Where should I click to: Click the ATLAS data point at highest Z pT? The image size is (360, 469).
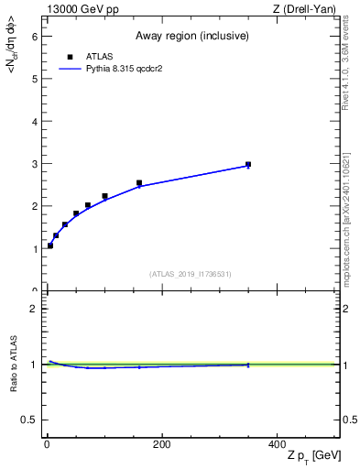(248, 165)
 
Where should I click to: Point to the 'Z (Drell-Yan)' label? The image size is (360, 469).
(309, 9)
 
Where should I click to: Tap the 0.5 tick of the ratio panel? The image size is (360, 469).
(28, 420)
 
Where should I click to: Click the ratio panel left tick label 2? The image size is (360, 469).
(33, 309)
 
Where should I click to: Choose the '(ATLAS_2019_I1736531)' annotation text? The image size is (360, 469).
(191, 274)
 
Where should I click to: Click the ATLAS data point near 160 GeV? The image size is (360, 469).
(139, 183)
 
